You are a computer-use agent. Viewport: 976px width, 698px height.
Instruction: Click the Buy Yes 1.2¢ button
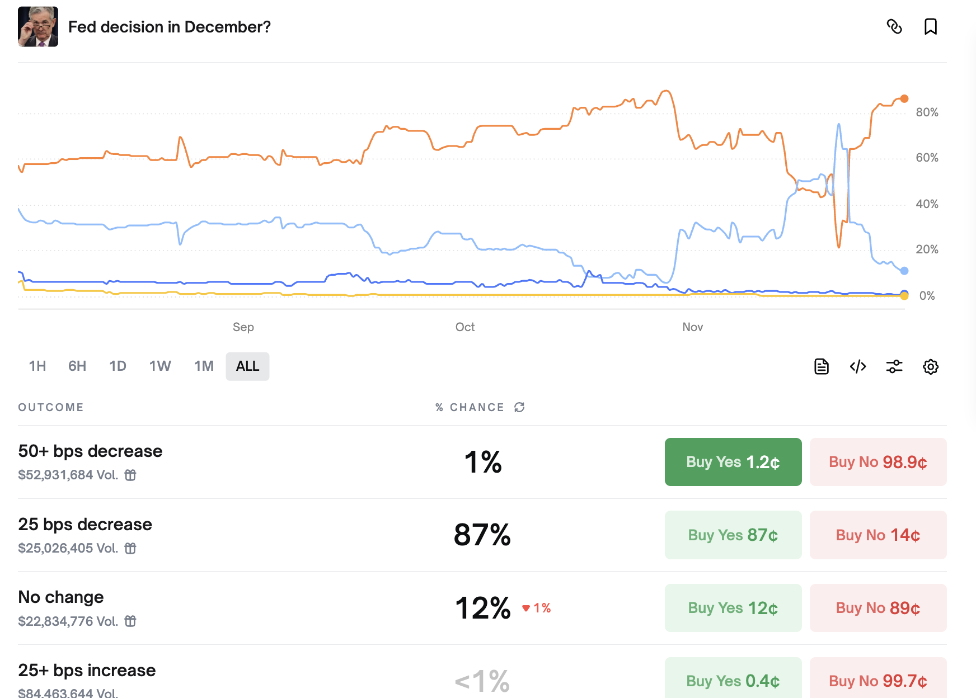click(733, 462)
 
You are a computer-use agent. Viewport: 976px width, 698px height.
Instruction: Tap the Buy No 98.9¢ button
click(878, 462)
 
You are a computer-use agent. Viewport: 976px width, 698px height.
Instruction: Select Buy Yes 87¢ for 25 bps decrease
click(733, 535)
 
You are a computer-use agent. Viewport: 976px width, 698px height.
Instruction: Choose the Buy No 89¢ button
click(878, 608)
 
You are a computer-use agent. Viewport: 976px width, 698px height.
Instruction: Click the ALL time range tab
click(247, 366)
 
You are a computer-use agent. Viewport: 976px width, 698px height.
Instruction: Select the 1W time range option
click(159, 366)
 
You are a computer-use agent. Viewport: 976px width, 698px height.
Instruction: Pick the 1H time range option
click(37, 366)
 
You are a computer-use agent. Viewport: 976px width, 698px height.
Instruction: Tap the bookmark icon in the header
click(930, 27)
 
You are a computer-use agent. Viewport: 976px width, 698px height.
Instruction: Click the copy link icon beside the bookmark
click(894, 27)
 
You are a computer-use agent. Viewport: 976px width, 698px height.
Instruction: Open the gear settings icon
click(930, 367)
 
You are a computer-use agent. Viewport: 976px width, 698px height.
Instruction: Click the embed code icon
click(858, 367)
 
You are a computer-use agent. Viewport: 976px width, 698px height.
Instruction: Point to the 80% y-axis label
click(927, 112)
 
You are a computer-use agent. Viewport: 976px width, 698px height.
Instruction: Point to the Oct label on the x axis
click(464, 327)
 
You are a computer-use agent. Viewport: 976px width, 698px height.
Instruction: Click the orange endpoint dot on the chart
click(904, 98)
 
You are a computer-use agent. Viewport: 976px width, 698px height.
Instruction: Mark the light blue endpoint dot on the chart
click(904, 271)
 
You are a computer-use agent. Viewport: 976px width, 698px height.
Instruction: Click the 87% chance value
click(482, 535)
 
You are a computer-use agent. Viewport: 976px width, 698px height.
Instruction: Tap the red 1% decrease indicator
click(537, 608)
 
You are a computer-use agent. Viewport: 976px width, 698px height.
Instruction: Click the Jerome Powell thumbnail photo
click(38, 27)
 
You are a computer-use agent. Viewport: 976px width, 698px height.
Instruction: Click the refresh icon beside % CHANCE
click(519, 407)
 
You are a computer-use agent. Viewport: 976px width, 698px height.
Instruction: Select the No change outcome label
click(61, 597)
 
